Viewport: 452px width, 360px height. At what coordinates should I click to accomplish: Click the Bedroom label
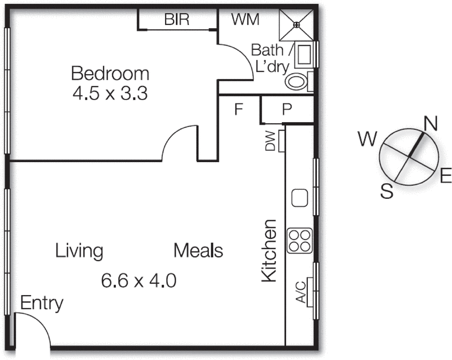click(x=110, y=73)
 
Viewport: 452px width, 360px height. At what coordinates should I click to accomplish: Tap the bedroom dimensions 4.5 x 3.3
click(x=110, y=93)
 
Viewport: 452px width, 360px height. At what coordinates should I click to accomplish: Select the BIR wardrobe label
click(x=177, y=20)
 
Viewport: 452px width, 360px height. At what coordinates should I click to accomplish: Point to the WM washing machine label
click(x=246, y=20)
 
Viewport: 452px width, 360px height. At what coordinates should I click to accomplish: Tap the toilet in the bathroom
click(x=296, y=82)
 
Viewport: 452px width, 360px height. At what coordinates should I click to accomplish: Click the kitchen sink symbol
click(x=299, y=198)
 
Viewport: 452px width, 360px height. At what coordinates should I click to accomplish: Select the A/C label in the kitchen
click(x=301, y=292)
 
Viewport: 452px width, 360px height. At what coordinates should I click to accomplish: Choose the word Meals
click(x=198, y=250)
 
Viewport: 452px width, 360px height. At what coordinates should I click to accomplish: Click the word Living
click(x=79, y=250)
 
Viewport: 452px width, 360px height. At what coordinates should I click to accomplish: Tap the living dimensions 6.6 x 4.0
click(x=139, y=280)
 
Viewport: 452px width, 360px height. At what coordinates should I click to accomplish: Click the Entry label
click(x=41, y=303)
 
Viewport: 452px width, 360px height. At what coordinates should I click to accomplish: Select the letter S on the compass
click(x=387, y=192)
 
